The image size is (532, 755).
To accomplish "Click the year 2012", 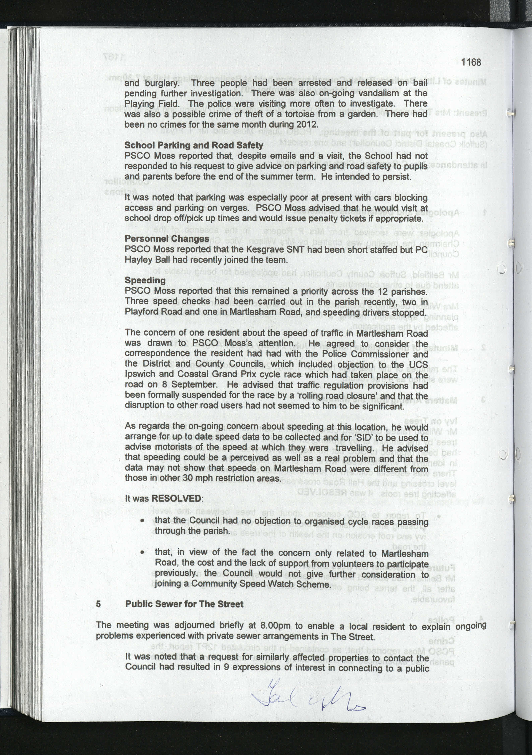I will coord(307,125).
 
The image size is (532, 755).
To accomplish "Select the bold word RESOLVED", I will coord(176,498).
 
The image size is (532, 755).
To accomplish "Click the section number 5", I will coord(98,604).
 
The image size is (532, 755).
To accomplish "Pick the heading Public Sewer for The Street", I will coord(184,604).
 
